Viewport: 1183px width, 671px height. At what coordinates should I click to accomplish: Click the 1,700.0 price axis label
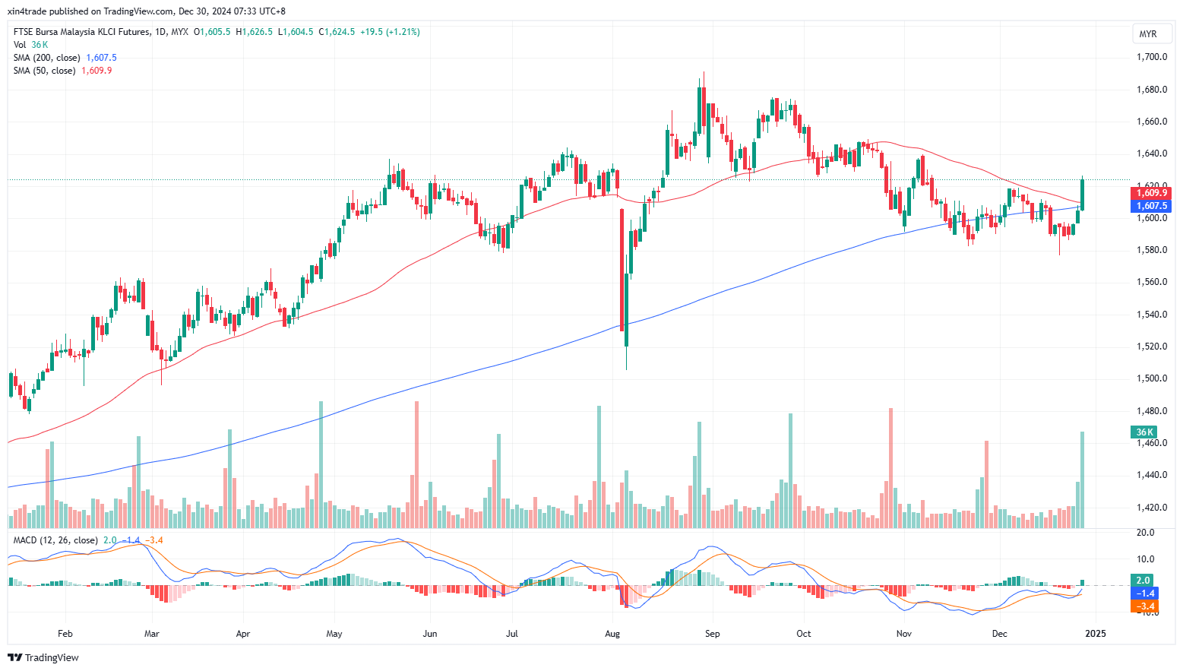point(1151,57)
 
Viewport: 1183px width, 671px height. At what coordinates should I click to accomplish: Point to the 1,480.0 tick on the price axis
point(1151,411)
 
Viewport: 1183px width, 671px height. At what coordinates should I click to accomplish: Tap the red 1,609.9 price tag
point(1153,193)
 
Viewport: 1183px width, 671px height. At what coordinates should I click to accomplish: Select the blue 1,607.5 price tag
point(1153,206)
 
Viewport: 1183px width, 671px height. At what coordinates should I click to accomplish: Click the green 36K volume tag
point(1144,432)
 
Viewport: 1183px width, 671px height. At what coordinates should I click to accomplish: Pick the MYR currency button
point(1147,34)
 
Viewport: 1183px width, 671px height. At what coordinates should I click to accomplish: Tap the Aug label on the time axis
point(612,634)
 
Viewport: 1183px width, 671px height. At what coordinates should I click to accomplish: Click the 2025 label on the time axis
point(1096,634)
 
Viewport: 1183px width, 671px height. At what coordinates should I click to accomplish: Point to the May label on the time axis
point(334,634)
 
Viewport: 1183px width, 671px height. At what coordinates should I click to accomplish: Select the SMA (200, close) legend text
point(46,58)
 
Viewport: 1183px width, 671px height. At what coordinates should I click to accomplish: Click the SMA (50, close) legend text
point(44,71)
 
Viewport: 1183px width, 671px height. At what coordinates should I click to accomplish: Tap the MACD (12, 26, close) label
point(55,540)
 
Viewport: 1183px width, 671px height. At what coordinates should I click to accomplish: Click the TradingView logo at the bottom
point(43,657)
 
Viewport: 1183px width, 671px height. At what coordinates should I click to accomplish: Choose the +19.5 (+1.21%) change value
point(390,32)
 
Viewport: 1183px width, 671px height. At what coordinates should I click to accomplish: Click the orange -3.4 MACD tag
point(1144,606)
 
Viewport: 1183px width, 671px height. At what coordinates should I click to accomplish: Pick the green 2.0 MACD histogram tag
point(1143,580)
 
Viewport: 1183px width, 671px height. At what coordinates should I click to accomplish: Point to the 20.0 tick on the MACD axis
point(1146,533)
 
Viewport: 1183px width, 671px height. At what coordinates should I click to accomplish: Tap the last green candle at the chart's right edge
point(1082,195)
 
